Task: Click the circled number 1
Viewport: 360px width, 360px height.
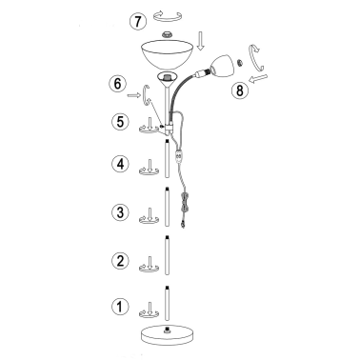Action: [120, 307]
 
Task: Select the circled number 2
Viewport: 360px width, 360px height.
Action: [120, 261]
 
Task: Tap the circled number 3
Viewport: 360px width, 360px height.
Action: [120, 211]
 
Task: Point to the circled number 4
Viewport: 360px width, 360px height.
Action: [120, 164]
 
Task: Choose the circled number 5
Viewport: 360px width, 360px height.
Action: [120, 122]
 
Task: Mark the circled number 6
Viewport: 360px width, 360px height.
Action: [117, 84]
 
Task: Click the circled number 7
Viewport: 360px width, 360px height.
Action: [138, 22]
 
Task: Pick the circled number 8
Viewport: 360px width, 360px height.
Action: [240, 90]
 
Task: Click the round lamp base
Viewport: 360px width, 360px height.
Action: [168, 335]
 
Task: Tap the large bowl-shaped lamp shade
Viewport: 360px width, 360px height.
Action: [168, 54]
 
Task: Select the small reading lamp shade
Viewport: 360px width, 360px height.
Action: [222, 67]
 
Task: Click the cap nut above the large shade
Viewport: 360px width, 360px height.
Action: [167, 33]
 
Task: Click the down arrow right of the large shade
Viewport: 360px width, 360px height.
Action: [200, 41]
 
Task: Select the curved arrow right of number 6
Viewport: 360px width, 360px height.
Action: [147, 95]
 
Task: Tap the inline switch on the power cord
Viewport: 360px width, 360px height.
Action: [179, 156]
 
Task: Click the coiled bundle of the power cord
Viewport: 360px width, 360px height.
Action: [185, 202]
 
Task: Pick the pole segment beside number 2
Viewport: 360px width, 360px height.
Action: [167, 255]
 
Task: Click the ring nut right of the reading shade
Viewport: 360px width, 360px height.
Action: [240, 62]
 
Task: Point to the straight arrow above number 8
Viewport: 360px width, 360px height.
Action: [259, 79]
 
